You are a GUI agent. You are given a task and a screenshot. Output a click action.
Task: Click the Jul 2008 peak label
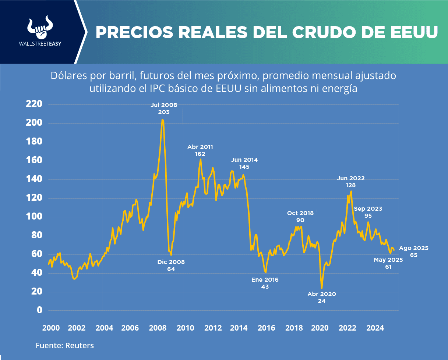coord(164,108)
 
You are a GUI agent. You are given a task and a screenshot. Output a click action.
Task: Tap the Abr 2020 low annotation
coord(322,297)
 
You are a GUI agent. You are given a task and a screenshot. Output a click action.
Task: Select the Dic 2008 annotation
coord(171,265)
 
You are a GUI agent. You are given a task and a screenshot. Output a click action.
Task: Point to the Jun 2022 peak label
coord(351,182)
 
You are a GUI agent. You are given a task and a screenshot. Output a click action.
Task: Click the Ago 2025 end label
coord(413,252)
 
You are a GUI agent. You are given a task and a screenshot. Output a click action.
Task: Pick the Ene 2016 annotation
coord(265,283)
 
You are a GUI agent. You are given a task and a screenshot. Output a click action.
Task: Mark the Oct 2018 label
coord(300,217)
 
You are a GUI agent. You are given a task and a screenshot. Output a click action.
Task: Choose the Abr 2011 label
coord(200,150)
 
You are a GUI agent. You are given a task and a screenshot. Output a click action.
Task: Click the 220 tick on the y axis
coord(34,104)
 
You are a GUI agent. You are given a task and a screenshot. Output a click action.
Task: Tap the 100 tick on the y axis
coord(34,217)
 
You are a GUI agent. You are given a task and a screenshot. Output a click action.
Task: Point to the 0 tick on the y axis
coord(40,310)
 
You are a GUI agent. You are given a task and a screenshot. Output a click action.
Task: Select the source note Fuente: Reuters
coord(65,346)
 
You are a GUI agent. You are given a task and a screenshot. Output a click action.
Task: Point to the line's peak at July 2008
coord(163,120)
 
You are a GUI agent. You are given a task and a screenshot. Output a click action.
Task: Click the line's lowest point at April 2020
coord(322,288)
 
